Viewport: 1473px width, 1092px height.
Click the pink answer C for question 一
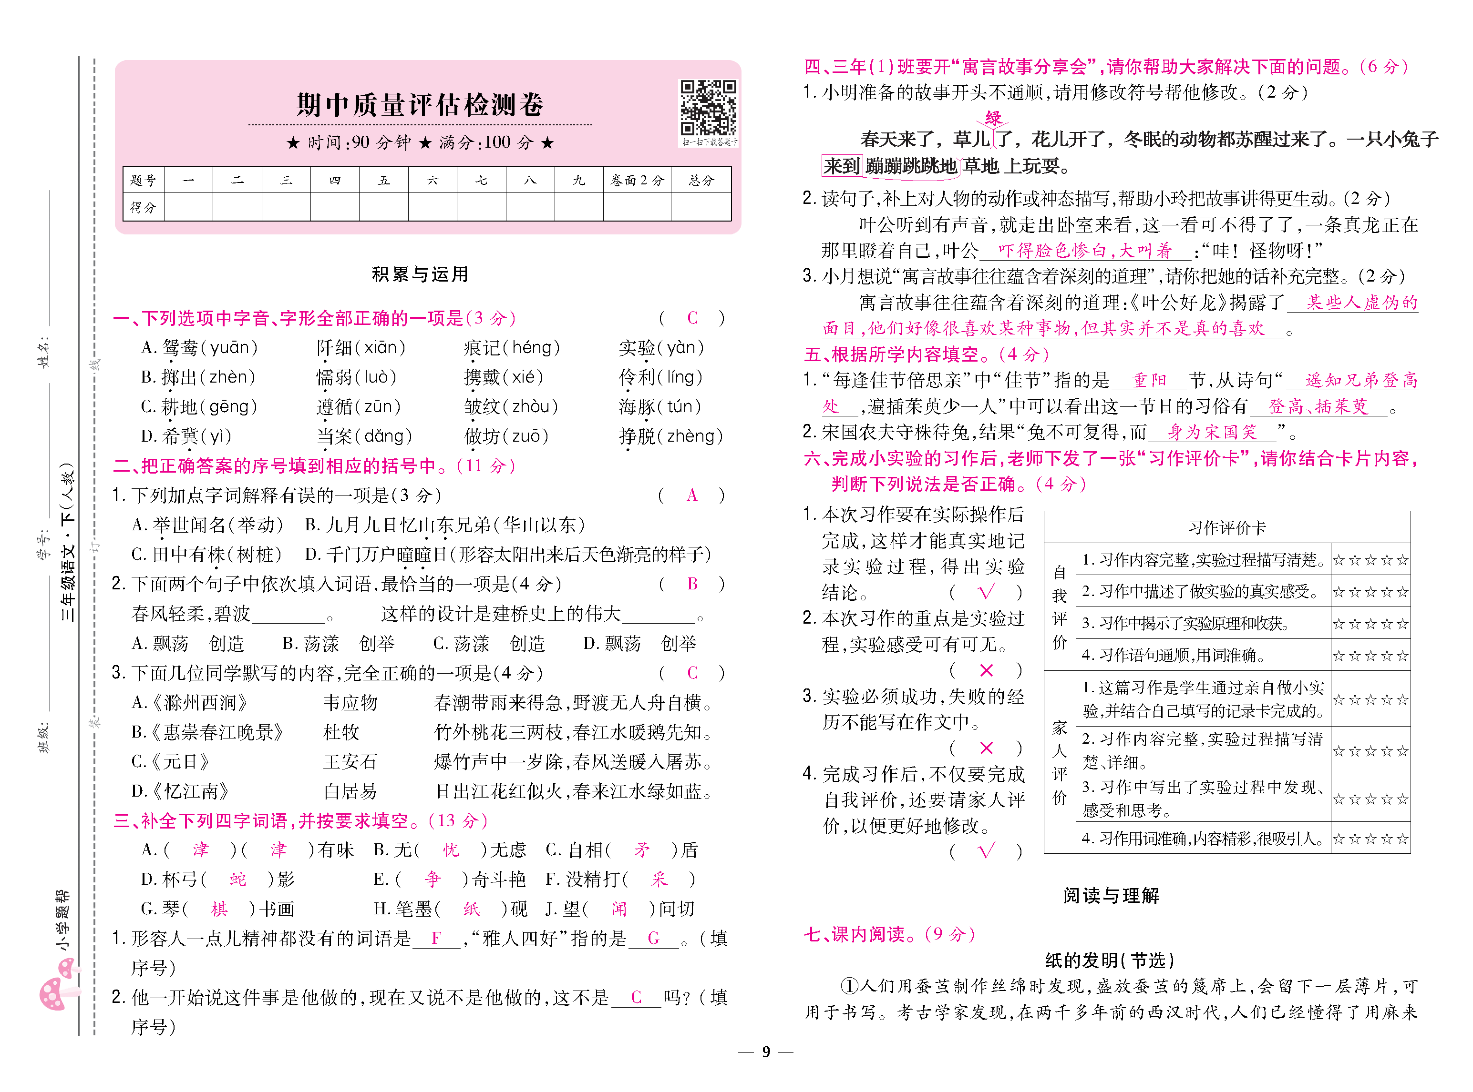click(x=692, y=318)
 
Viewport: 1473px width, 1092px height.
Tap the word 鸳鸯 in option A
click(x=179, y=348)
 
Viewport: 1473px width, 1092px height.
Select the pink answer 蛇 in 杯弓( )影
click(x=237, y=879)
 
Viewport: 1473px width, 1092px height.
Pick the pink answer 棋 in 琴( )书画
click(x=219, y=909)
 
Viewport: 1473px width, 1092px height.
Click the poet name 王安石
click(x=350, y=761)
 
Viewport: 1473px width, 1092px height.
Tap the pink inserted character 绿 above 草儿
click(x=993, y=118)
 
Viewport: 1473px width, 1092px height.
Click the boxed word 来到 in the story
click(x=841, y=166)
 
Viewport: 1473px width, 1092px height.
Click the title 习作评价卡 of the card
click(x=1226, y=527)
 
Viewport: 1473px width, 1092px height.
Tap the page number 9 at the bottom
click(x=765, y=1052)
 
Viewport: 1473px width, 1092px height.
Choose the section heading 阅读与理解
click(x=1111, y=896)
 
